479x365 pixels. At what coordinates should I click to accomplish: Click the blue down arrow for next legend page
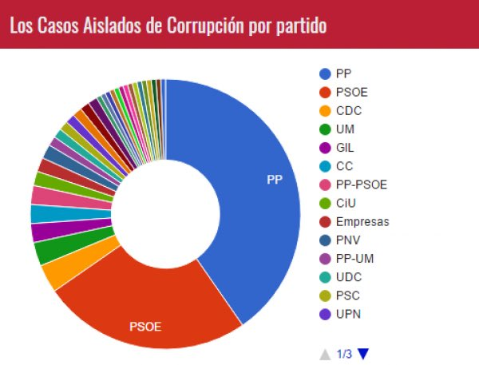point(364,354)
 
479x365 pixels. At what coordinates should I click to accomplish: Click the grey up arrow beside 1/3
point(325,354)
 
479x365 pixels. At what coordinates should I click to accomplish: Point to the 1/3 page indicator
point(344,354)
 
